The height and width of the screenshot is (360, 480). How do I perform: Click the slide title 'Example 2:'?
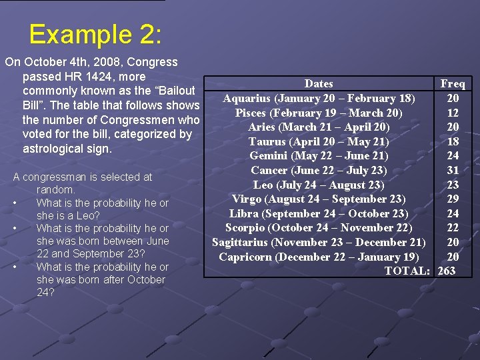tap(94, 35)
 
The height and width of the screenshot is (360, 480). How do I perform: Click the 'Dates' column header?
tap(318, 83)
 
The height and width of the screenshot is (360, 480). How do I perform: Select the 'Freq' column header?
tap(453, 83)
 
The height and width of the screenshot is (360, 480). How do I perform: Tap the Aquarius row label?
tap(319, 99)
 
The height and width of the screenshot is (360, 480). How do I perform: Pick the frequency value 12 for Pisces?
tap(453, 113)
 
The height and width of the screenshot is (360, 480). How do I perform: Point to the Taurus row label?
tap(318, 141)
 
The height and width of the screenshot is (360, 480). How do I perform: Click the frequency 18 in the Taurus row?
tap(453, 141)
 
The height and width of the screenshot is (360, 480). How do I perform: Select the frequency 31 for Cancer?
tap(453, 170)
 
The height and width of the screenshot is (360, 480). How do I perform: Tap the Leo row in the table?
tap(318, 185)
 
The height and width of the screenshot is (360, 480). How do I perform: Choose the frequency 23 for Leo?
tap(453, 185)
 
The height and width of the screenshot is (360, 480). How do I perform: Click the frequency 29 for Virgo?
tap(453, 199)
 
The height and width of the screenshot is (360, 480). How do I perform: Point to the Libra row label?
tap(318, 213)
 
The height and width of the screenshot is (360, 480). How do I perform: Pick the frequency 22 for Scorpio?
tap(453, 228)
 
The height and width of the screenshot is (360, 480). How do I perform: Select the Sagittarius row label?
tap(318, 242)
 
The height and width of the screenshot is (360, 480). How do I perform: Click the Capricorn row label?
tap(318, 257)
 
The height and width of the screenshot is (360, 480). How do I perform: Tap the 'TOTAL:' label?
tap(407, 271)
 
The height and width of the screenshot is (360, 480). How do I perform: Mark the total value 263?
tap(447, 271)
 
